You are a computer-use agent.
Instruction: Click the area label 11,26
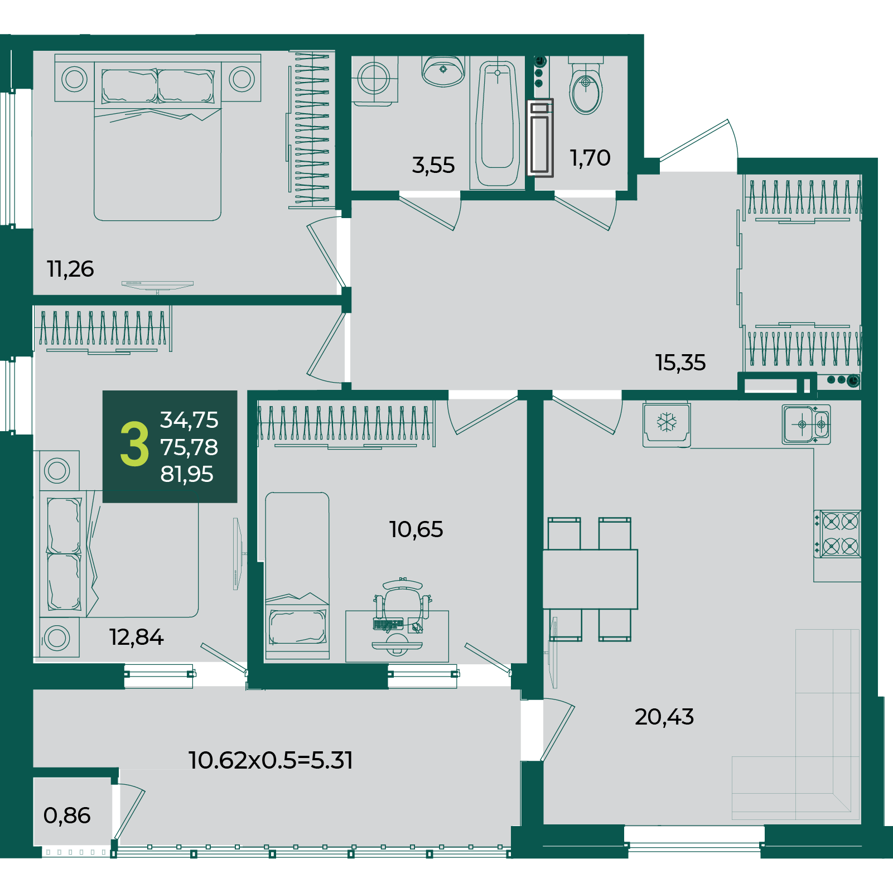[70, 269]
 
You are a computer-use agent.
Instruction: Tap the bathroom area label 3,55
[433, 165]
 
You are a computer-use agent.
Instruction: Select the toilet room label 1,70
[590, 158]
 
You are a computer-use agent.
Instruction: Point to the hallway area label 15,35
[680, 363]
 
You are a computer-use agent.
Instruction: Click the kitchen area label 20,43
[664, 717]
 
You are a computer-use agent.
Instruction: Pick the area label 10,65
[416, 529]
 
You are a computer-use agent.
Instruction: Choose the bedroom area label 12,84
[136, 637]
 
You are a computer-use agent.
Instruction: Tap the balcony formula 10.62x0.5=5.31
[271, 760]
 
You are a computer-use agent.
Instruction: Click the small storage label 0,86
[67, 815]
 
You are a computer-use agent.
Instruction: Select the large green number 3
[134, 444]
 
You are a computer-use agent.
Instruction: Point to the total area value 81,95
[187, 474]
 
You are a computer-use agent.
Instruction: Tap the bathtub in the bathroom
[498, 123]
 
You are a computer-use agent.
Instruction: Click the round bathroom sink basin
[443, 71]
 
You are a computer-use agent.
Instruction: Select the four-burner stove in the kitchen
[837, 534]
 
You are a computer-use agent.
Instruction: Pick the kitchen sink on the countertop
[806, 424]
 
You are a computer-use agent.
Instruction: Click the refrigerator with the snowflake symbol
[667, 424]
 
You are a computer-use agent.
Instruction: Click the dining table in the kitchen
[590, 579]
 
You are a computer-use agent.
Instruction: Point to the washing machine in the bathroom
[374, 80]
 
